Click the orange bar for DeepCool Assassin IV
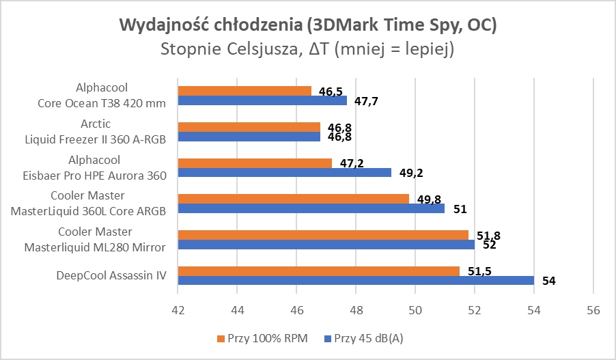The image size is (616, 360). click(x=318, y=271)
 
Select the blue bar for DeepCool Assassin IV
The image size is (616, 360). click(x=355, y=280)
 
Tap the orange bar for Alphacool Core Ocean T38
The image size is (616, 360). click(x=244, y=91)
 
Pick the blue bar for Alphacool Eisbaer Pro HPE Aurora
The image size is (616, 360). click(x=284, y=172)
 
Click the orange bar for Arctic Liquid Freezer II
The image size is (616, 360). click(x=249, y=127)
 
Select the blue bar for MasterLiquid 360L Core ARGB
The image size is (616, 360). click(x=311, y=208)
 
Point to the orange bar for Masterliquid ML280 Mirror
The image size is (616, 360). click(x=322, y=235)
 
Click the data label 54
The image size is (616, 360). click(x=548, y=281)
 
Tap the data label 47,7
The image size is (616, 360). click(x=366, y=102)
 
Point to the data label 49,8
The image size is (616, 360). click(x=428, y=199)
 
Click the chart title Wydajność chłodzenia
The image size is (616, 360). click(x=307, y=26)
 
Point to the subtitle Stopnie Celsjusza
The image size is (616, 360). click(x=307, y=49)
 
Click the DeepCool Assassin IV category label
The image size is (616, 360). click(x=112, y=275)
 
